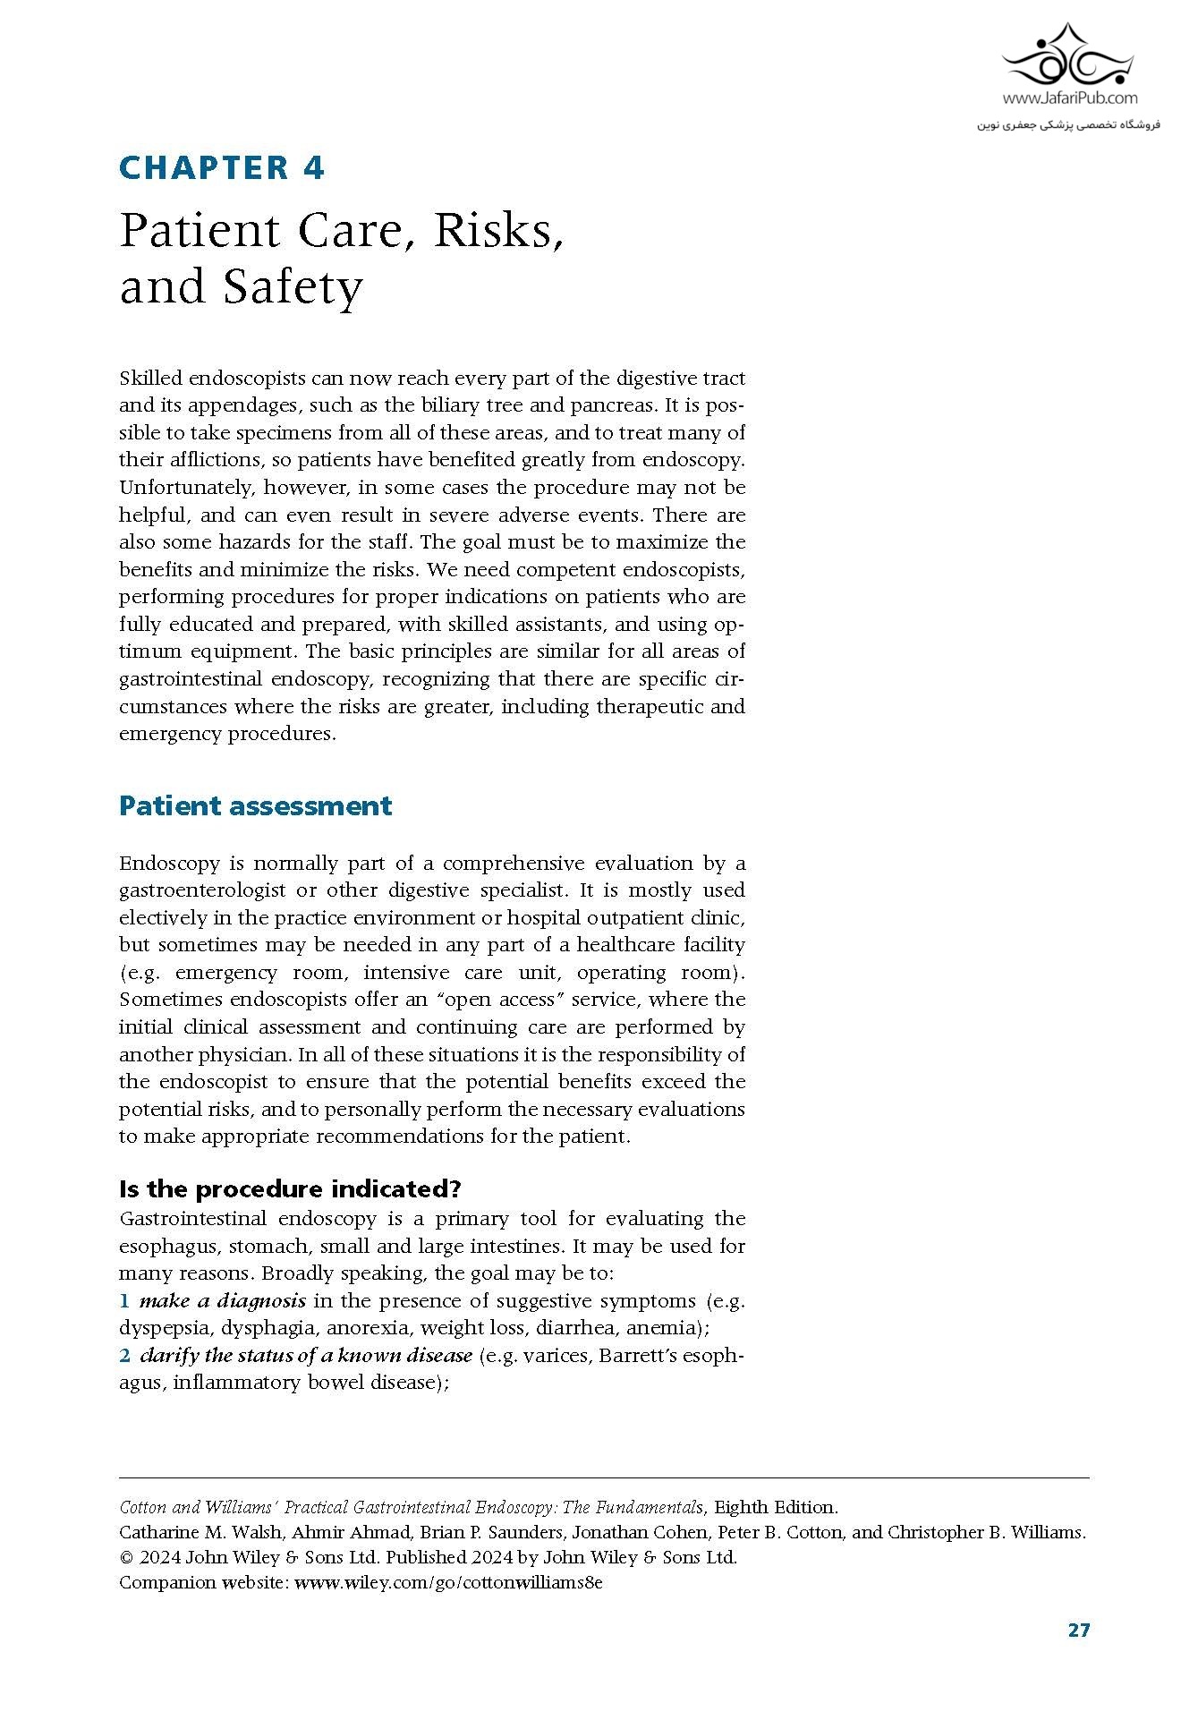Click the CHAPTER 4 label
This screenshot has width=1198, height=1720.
pyautogui.click(x=222, y=168)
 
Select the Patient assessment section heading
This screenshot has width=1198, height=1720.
pyautogui.click(x=255, y=805)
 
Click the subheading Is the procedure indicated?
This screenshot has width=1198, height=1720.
pyautogui.click(x=290, y=1188)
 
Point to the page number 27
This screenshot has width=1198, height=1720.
pyautogui.click(x=1079, y=1630)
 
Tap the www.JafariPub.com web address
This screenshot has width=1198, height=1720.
pyautogui.click(x=1069, y=98)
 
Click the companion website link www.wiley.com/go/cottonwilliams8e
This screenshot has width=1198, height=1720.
pyautogui.click(x=448, y=1582)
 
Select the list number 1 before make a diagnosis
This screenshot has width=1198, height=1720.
pyautogui.click(x=125, y=1301)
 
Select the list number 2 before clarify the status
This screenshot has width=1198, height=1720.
pyautogui.click(x=125, y=1356)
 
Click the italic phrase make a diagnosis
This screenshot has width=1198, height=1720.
pyautogui.click(x=223, y=1301)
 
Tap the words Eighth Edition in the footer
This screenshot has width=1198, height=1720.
pyautogui.click(x=776, y=1507)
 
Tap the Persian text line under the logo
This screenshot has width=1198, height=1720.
pyautogui.click(x=1067, y=124)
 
